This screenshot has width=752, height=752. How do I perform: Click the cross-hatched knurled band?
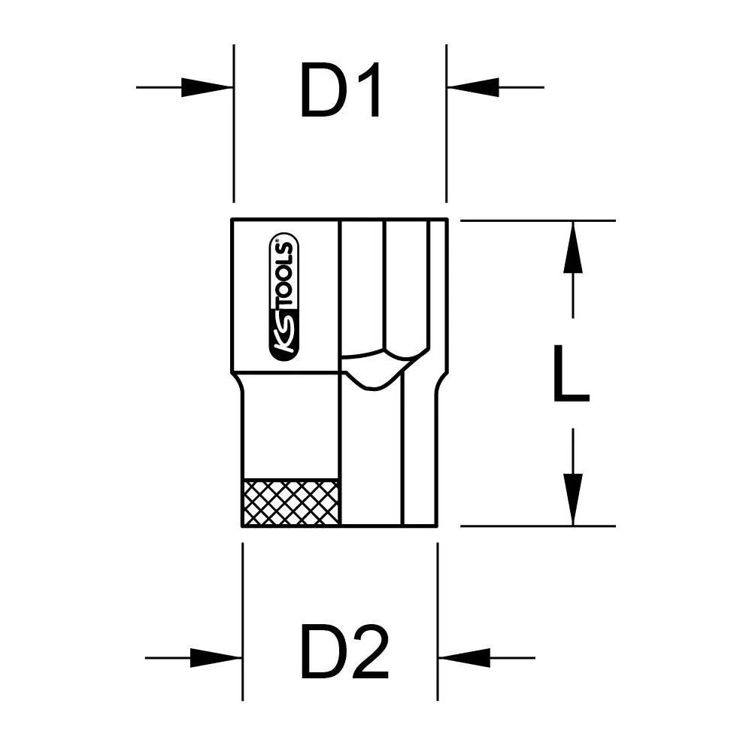coord(291,502)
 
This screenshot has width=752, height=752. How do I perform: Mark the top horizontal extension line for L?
coord(538,221)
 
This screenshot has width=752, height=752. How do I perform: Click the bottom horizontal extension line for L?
coord(538,526)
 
